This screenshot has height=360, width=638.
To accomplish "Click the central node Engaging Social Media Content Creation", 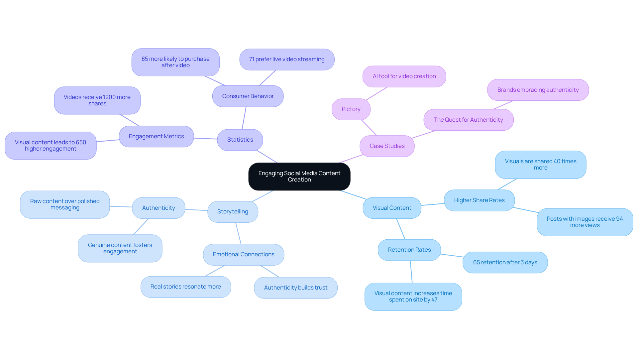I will click(x=299, y=177).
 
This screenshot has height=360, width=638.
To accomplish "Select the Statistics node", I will click(x=240, y=140).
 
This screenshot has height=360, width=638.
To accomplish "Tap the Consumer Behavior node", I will click(x=248, y=96).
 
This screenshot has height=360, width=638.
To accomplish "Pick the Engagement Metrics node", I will click(x=156, y=137).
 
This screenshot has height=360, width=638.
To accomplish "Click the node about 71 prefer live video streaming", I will click(x=287, y=60).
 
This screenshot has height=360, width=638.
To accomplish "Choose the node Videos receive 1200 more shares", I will click(x=97, y=100).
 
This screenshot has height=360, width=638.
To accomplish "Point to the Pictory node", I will click(x=351, y=109).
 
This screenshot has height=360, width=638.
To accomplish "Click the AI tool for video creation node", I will click(x=404, y=76).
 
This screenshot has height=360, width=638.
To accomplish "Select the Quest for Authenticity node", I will click(x=468, y=120).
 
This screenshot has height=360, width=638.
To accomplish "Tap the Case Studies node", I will click(x=387, y=146).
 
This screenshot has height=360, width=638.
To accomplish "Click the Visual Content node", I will click(x=392, y=208).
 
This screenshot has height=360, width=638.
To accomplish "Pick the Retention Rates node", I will click(x=409, y=250).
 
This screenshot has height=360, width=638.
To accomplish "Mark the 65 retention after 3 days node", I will click(x=505, y=263).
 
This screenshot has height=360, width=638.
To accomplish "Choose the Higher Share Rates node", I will click(x=479, y=200).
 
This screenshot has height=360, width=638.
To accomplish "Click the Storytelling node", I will click(x=233, y=212).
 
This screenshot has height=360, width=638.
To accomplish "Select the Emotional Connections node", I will click(x=243, y=255).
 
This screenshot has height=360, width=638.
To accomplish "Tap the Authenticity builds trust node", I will click(x=295, y=288).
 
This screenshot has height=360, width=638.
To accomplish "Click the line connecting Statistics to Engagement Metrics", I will click(x=205, y=138).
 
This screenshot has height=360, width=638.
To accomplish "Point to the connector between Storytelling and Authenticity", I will click(x=196, y=210).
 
